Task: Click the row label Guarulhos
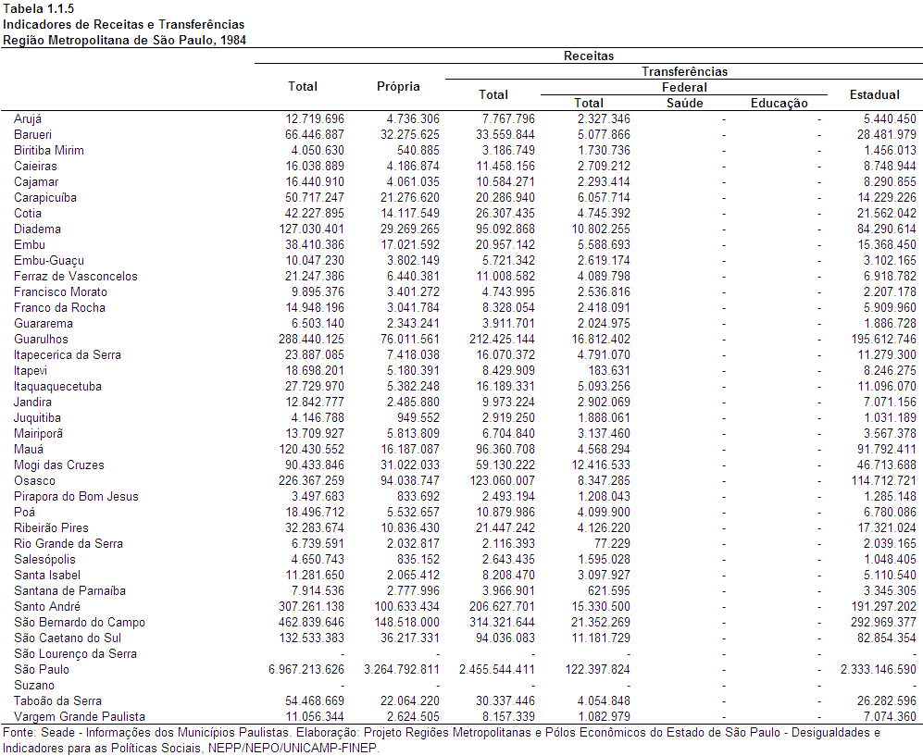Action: (x=41, y=339)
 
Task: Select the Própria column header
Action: (x=398, y=86)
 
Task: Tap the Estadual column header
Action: (x=874, y=94)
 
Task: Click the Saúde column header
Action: (x=684, y=103)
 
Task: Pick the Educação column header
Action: (x=779, y=104)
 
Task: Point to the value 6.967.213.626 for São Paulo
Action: (x=306, y=670)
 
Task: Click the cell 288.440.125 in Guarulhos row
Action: (x=311, y=339)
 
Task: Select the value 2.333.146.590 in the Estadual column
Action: (x=879, y=670)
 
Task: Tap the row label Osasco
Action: (x=35, y=480)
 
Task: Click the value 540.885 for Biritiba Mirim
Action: (x=418, y=150)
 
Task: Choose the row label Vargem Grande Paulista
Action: (x=80, y=716)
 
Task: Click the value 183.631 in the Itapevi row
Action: (x=608, y=371)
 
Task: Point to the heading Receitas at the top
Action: (x=589, y=56)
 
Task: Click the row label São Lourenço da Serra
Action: (x=75, y=653)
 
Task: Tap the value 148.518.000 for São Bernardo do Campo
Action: (x=406, y=622)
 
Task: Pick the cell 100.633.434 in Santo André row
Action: (x=406, y=607)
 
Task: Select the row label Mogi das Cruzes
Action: (x=59, y=465)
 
